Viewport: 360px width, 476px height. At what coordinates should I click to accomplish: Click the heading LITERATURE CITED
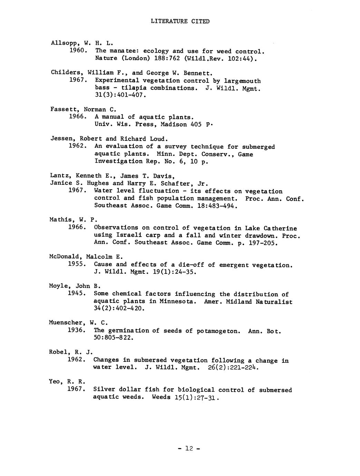click(180, 21)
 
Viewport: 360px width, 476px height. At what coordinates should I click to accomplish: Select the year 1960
click(77, 51)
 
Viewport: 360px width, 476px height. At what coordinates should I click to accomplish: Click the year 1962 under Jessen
click(77, 146)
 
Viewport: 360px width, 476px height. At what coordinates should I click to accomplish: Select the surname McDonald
click(65, 257)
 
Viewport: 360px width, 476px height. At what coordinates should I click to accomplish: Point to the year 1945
click(77, 293)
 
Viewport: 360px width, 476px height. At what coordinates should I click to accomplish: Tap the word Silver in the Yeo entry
click(104, 390)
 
